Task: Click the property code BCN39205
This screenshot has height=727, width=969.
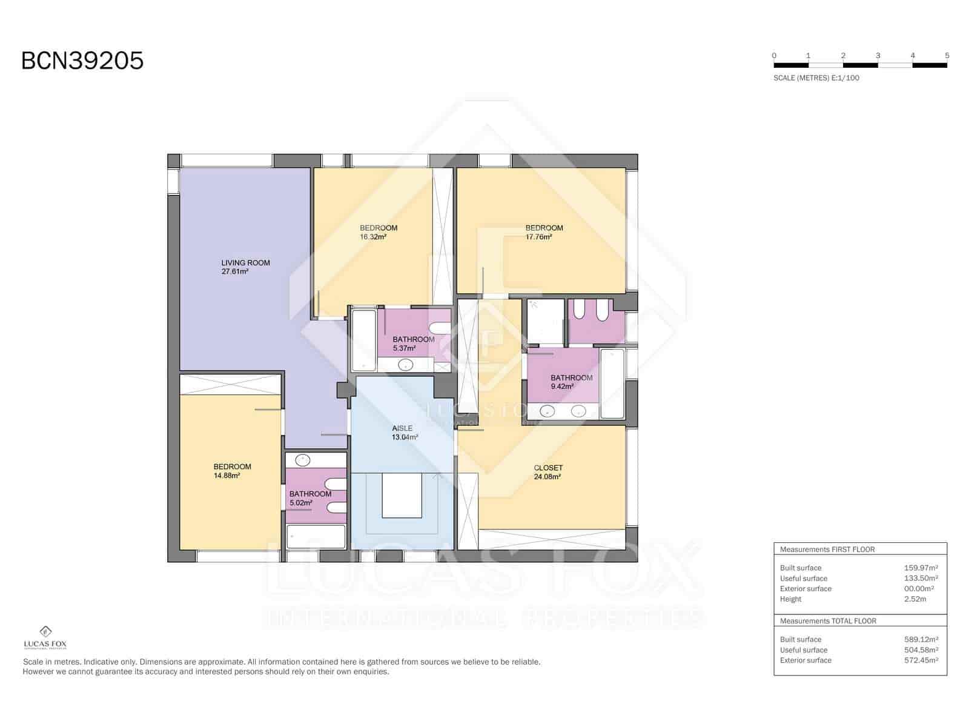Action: click(82, 61)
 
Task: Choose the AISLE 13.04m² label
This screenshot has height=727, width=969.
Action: click(404, 433)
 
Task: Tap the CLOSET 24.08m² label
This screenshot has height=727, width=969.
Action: click(547, 472)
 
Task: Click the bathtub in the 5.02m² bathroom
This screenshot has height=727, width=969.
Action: click(316, 537)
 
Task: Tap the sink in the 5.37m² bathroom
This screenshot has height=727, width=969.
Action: click(405, 365)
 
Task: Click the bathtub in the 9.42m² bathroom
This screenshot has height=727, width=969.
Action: click(612, 383)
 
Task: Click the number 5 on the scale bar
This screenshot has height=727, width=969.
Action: click(947, 56)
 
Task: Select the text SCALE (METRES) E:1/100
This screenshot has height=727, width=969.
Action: click(816, 78)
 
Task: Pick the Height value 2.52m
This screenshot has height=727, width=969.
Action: click(914, 599)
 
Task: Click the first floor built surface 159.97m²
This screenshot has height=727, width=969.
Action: click(921, 568)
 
